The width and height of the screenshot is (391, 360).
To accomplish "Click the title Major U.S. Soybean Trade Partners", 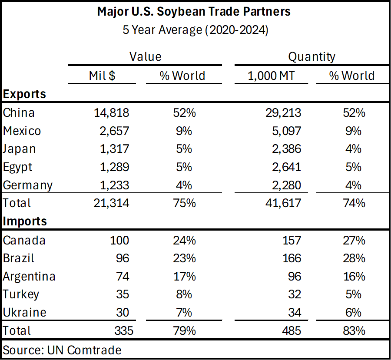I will pos(194,12).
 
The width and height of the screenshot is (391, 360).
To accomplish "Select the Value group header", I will pos(145,56).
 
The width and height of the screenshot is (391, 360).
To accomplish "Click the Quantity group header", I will pos(311,56).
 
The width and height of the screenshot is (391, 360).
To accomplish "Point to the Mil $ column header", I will pos(102,76).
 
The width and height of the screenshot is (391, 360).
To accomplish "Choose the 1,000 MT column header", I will pos(271,76).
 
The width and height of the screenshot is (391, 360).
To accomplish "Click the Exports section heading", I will pos(24,94).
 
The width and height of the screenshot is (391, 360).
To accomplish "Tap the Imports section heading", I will pos(25,221).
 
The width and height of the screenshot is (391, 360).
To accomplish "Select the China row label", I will pos(19,112).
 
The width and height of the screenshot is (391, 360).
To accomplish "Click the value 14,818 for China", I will pos(111,112).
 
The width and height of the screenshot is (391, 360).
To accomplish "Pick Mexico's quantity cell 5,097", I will pos(282,131).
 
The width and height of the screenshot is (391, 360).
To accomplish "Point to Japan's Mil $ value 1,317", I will pos(114,149).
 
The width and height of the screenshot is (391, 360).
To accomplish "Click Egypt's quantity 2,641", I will pos(282,167).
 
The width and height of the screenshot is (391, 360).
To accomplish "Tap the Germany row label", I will pos(27,185).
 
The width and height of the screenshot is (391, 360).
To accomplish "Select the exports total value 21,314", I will pos(111,203).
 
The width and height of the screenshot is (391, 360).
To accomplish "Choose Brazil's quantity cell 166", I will pos(291,258).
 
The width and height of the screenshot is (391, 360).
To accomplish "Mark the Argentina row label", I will pos(29,276).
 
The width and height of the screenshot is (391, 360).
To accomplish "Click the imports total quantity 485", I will pos(291,330).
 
